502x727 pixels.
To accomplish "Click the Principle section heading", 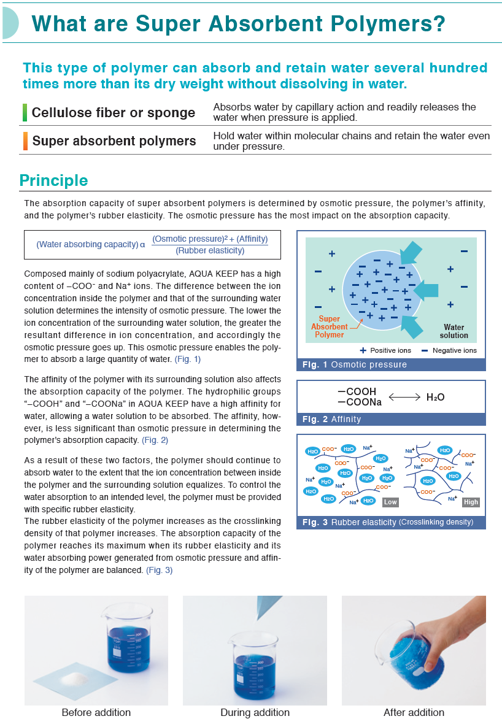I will pos(53,180).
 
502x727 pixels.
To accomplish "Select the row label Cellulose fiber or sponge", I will pos(114,112).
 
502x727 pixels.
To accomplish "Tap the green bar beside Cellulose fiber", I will pos(25,112).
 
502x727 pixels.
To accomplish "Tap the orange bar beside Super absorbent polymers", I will pos(25,141).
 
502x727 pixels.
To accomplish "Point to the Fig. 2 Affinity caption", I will pos(332,420).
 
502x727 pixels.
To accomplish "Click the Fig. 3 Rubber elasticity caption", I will pos(388,522).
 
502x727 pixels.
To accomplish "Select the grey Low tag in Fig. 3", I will pos(390,502).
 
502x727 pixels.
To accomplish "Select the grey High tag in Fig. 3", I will pos(471,502).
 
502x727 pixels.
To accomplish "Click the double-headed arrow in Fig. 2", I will pos(404,397).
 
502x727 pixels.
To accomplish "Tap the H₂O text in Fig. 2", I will pos(435,397).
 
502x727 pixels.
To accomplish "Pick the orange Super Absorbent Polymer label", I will pos(330,327).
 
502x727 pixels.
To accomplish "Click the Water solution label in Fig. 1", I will pos(454,331).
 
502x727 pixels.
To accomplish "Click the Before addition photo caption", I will pos(96,712).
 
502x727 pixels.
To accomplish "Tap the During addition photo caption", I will pos(255,712).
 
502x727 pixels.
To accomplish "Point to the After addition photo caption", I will pos(414,712).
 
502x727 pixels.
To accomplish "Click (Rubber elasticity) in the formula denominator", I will pos(210,250).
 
